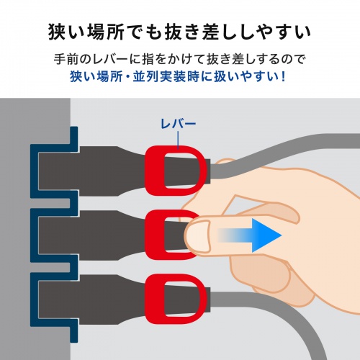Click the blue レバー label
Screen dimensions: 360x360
[x=177, y=125]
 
